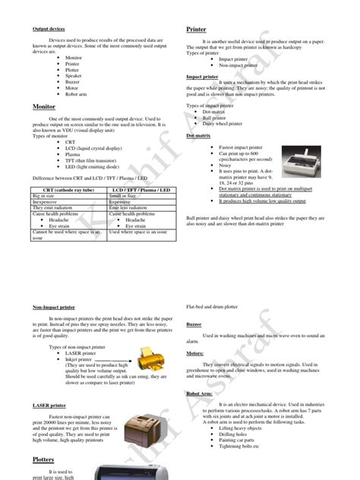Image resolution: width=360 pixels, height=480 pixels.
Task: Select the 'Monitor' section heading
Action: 45,107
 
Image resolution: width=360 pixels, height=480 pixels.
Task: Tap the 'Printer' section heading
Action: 197,30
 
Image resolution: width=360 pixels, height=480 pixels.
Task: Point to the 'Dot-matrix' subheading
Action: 198,135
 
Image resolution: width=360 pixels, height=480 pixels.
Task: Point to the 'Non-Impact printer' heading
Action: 54,306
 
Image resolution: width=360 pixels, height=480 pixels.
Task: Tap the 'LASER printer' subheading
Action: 49,405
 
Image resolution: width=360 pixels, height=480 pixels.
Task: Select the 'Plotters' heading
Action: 43,460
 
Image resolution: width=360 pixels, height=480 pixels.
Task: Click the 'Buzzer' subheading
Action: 194,324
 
